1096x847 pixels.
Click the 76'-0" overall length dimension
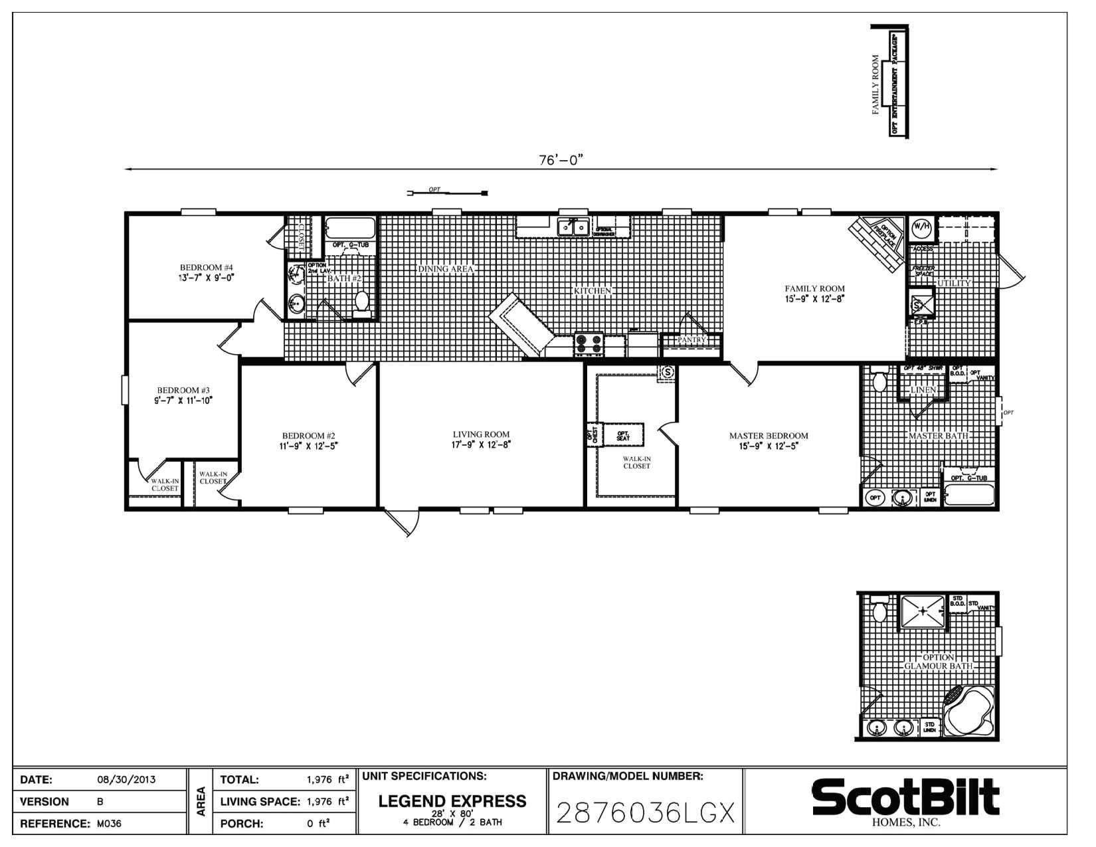click(x=561, y=160)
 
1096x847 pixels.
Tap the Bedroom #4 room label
click(x=205, y=268)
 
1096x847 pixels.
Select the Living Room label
click(x=481, y=434)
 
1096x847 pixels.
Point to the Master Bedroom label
click(x=769, y=436)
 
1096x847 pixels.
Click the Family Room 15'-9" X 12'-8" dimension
click(x=814, y=299)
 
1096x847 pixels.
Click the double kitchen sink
click(x=573, y=227)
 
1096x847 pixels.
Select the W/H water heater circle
click(x=921, y=227)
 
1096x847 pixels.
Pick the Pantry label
click(x=691, y=340)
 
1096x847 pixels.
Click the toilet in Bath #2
click(x=362, y=302)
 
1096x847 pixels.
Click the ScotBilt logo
click(x=905, y=797)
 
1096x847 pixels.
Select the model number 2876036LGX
click(x=644, y=812)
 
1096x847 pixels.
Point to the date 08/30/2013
click(x=126, y=779)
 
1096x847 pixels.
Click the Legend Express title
click(x=452, y=801)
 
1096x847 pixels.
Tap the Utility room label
click(x=954, y=283)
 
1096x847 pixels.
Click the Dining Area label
click(x=445, y=269)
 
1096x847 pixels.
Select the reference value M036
click(x=108, y=824)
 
